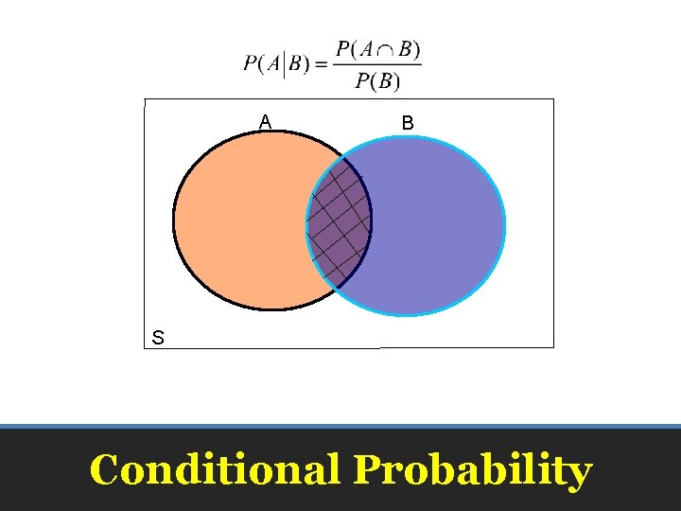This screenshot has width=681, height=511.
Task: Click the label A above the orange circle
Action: pyautogui.click(x=266, y=121)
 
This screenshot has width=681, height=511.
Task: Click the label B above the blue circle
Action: pyautogui.click(x=407, y=122)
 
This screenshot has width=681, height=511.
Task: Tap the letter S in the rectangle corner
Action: pyautogui.click(x=158, y=337)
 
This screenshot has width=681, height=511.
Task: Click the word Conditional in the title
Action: pyautogui.click(x=215, y=470)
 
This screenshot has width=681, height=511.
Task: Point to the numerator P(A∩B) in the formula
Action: pyautogui.click(x=378, y=49)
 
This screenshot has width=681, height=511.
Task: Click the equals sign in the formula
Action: pyautogui.click(x=321, y=64)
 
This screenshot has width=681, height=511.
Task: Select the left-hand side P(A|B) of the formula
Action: pyautogui.click(x=275, y=64)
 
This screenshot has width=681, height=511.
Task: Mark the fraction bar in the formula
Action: pyautogui.click(x=378, y=65)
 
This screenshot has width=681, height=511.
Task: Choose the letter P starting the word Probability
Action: pyautogui.click(x=367, y=470)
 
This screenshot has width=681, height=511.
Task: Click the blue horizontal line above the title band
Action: pyautogui.click(x=340, y=426)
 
